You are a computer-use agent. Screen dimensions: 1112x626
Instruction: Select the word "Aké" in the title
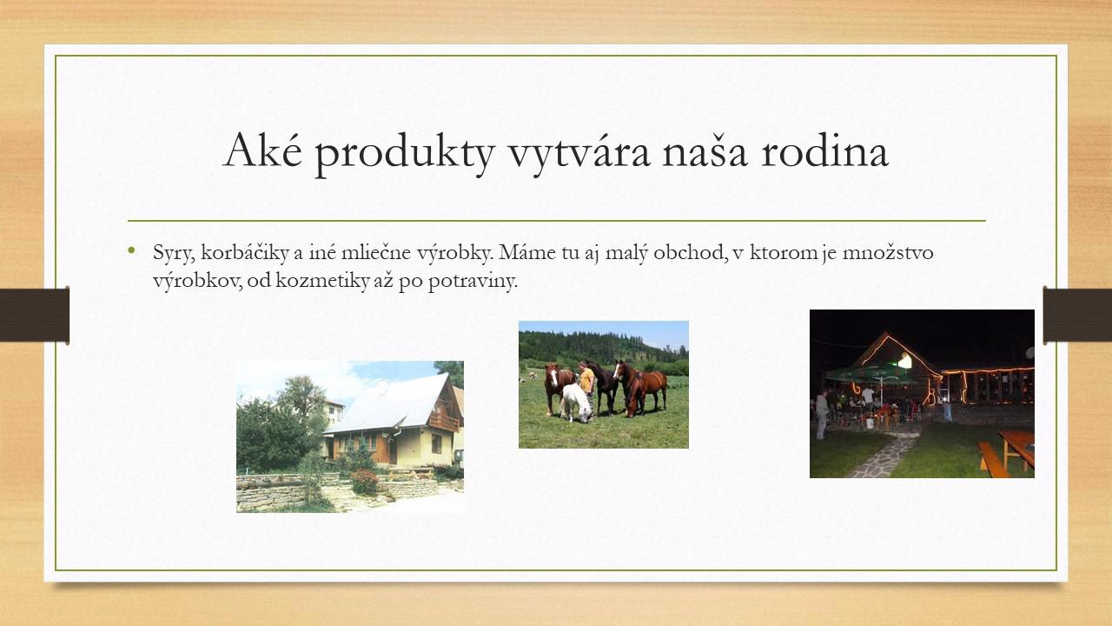tap(262, 148)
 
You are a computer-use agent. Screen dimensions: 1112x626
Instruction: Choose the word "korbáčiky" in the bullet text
tap(245, 253)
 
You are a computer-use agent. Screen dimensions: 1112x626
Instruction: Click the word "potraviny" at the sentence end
tap(473, 283)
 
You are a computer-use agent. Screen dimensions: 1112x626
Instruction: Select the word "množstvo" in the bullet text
tap(888, 253)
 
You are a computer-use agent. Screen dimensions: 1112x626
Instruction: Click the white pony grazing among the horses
tap(576, 403)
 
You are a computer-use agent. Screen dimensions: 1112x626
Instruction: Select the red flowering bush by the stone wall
tap(364, 482)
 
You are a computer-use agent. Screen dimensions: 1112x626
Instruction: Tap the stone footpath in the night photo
tap(884, 457)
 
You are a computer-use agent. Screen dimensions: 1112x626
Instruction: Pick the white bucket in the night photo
tap(870, 423)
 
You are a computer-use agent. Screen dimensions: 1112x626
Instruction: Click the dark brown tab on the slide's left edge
tap(34, 315)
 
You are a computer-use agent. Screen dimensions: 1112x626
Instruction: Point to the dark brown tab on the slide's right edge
tap(1077, 315)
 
